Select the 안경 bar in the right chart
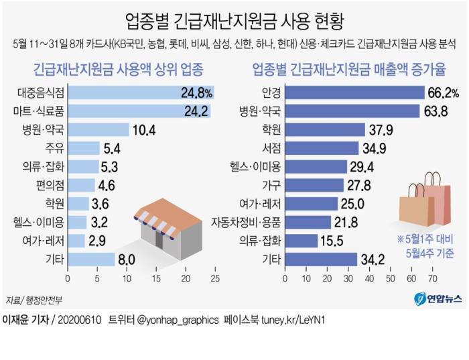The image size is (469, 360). [356, 93]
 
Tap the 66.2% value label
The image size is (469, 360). [442, 93]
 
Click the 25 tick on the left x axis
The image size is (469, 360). [215, 278]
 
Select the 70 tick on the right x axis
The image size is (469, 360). [433, 278]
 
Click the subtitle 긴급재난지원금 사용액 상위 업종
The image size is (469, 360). [119, 69]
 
